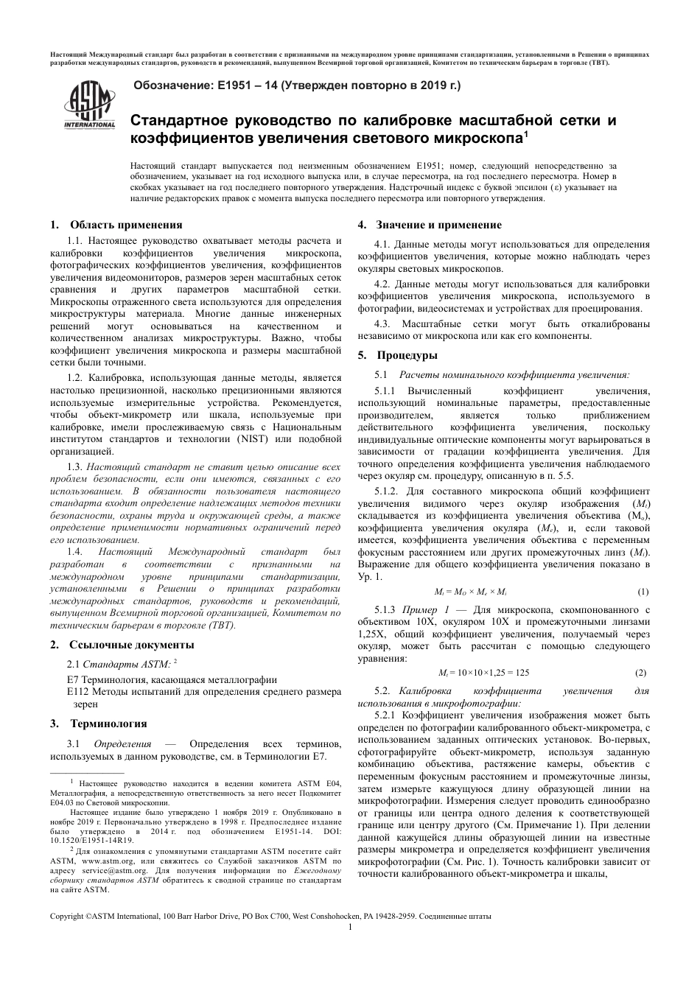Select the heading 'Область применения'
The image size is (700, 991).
tap(126, 225)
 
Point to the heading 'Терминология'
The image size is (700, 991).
tap(108, 724)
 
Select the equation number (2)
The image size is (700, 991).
tap(640, 672)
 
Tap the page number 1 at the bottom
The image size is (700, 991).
tap(350, 927)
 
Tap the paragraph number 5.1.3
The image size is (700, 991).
tap(385, 610)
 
